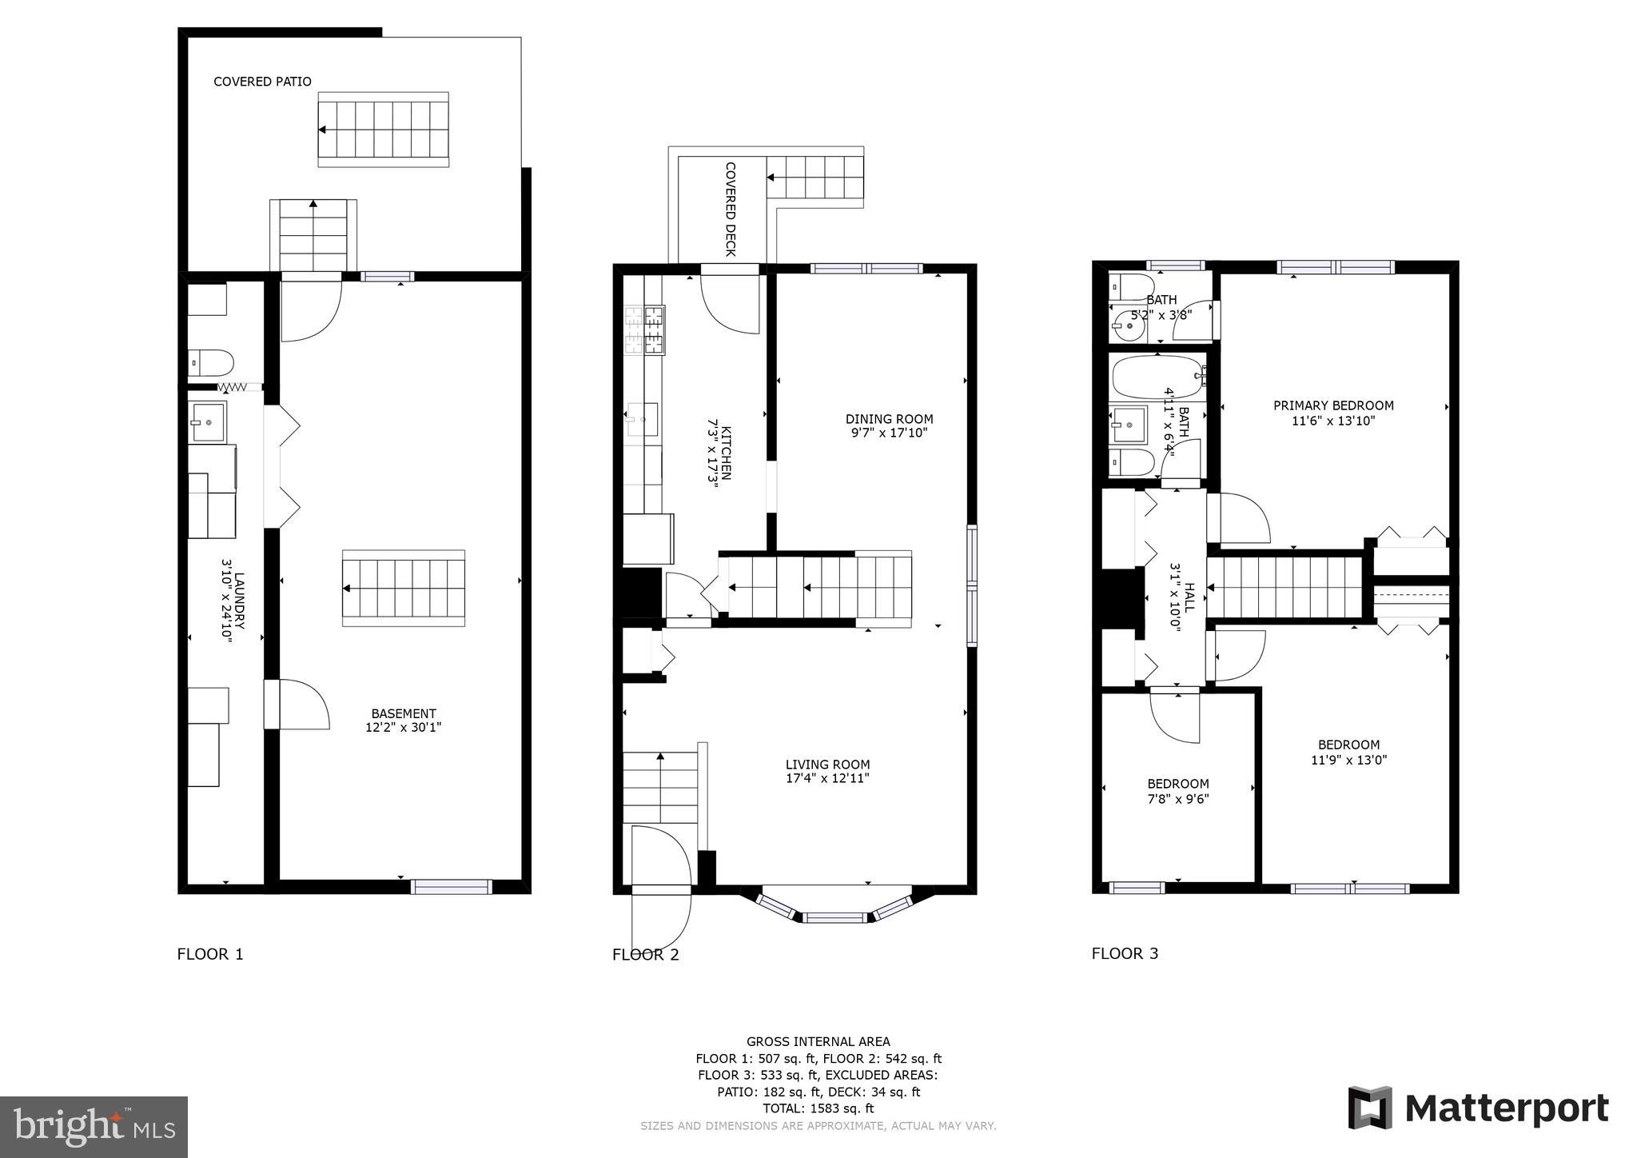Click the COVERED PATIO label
pyautogui.click(x=262, y=82)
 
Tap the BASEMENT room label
pyautogui.click(x=403, y=713)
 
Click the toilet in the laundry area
pyautogui.click(x=212, y=363)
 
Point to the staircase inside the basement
pyautogui.click(x=404, y=588)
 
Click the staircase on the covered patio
pyautogui.click(x=384, y=129)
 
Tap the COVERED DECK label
pyautogui.click(x=730, y=209)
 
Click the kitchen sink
pyautogui.click(x=643, y=420)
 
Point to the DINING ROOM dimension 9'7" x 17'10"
pyautogui.click(x=889, y=433)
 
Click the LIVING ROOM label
pyautogui.click(x=827, y=765)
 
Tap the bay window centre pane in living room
pyautogui.click(x=834, y=917)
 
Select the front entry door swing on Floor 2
pyautogui.click(x=660, y=888)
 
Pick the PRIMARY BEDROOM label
pyautogui.click(x=1333, y=405)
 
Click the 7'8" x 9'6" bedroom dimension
pyautogui.click(x=1177, y=798)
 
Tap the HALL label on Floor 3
pyautogui.click(x=1189, y=597)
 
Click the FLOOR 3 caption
pyautogui.click(x=1125, y=953)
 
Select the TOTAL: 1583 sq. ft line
pyautogui.click(x=818, y=1108)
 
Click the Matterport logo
pyautogui.click(x=1478, y=1109)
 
